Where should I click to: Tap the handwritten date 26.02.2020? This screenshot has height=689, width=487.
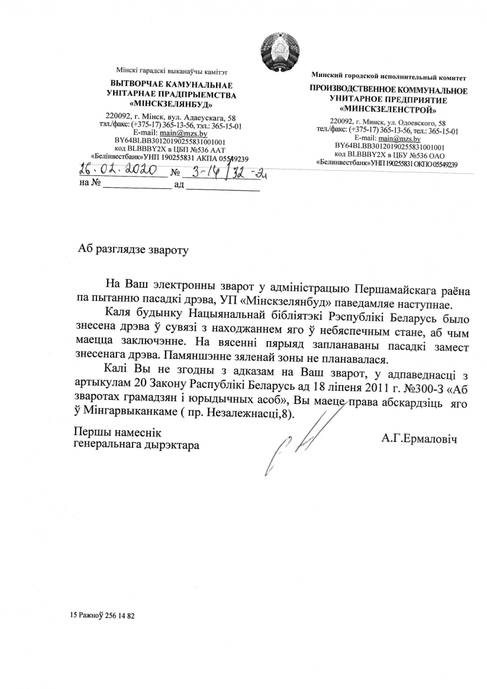117,171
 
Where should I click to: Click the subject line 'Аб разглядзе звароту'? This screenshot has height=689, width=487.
134,249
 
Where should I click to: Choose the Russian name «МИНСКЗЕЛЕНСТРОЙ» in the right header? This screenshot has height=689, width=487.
388,109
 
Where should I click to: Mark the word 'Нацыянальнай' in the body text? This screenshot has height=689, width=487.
229,312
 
